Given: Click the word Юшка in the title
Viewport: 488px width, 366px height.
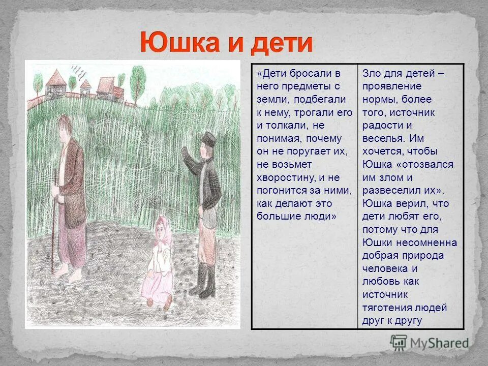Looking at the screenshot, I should point(180,43).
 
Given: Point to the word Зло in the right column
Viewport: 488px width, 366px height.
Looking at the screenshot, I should point(371,73).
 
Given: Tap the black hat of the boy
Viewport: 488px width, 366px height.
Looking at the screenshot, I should point(208,138).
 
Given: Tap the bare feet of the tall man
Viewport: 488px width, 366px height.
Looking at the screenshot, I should point(69,274).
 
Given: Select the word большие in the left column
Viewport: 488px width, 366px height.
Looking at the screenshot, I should point(278,217).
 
